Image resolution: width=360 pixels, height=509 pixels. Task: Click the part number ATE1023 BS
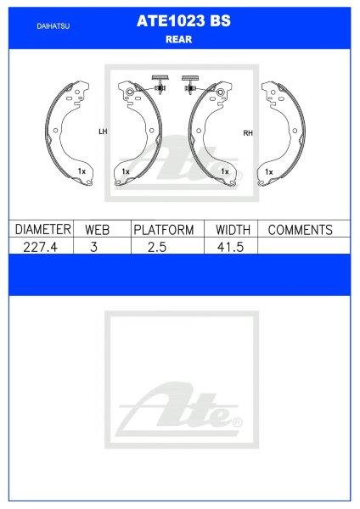(179, 25)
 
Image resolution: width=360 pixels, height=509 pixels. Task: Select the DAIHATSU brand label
(53, 26)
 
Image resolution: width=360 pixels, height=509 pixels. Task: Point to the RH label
(248, 133)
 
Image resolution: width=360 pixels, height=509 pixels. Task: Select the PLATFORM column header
(164, 230)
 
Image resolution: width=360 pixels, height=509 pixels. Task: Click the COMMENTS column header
(300, 230)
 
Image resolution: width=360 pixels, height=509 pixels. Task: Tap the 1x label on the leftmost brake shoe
(82, 171)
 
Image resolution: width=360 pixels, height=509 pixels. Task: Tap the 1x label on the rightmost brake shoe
(268, 171)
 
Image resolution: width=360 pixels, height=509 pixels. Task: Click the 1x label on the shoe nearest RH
(225, 171)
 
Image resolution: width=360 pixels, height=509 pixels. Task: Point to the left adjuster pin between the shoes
(159, 83)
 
